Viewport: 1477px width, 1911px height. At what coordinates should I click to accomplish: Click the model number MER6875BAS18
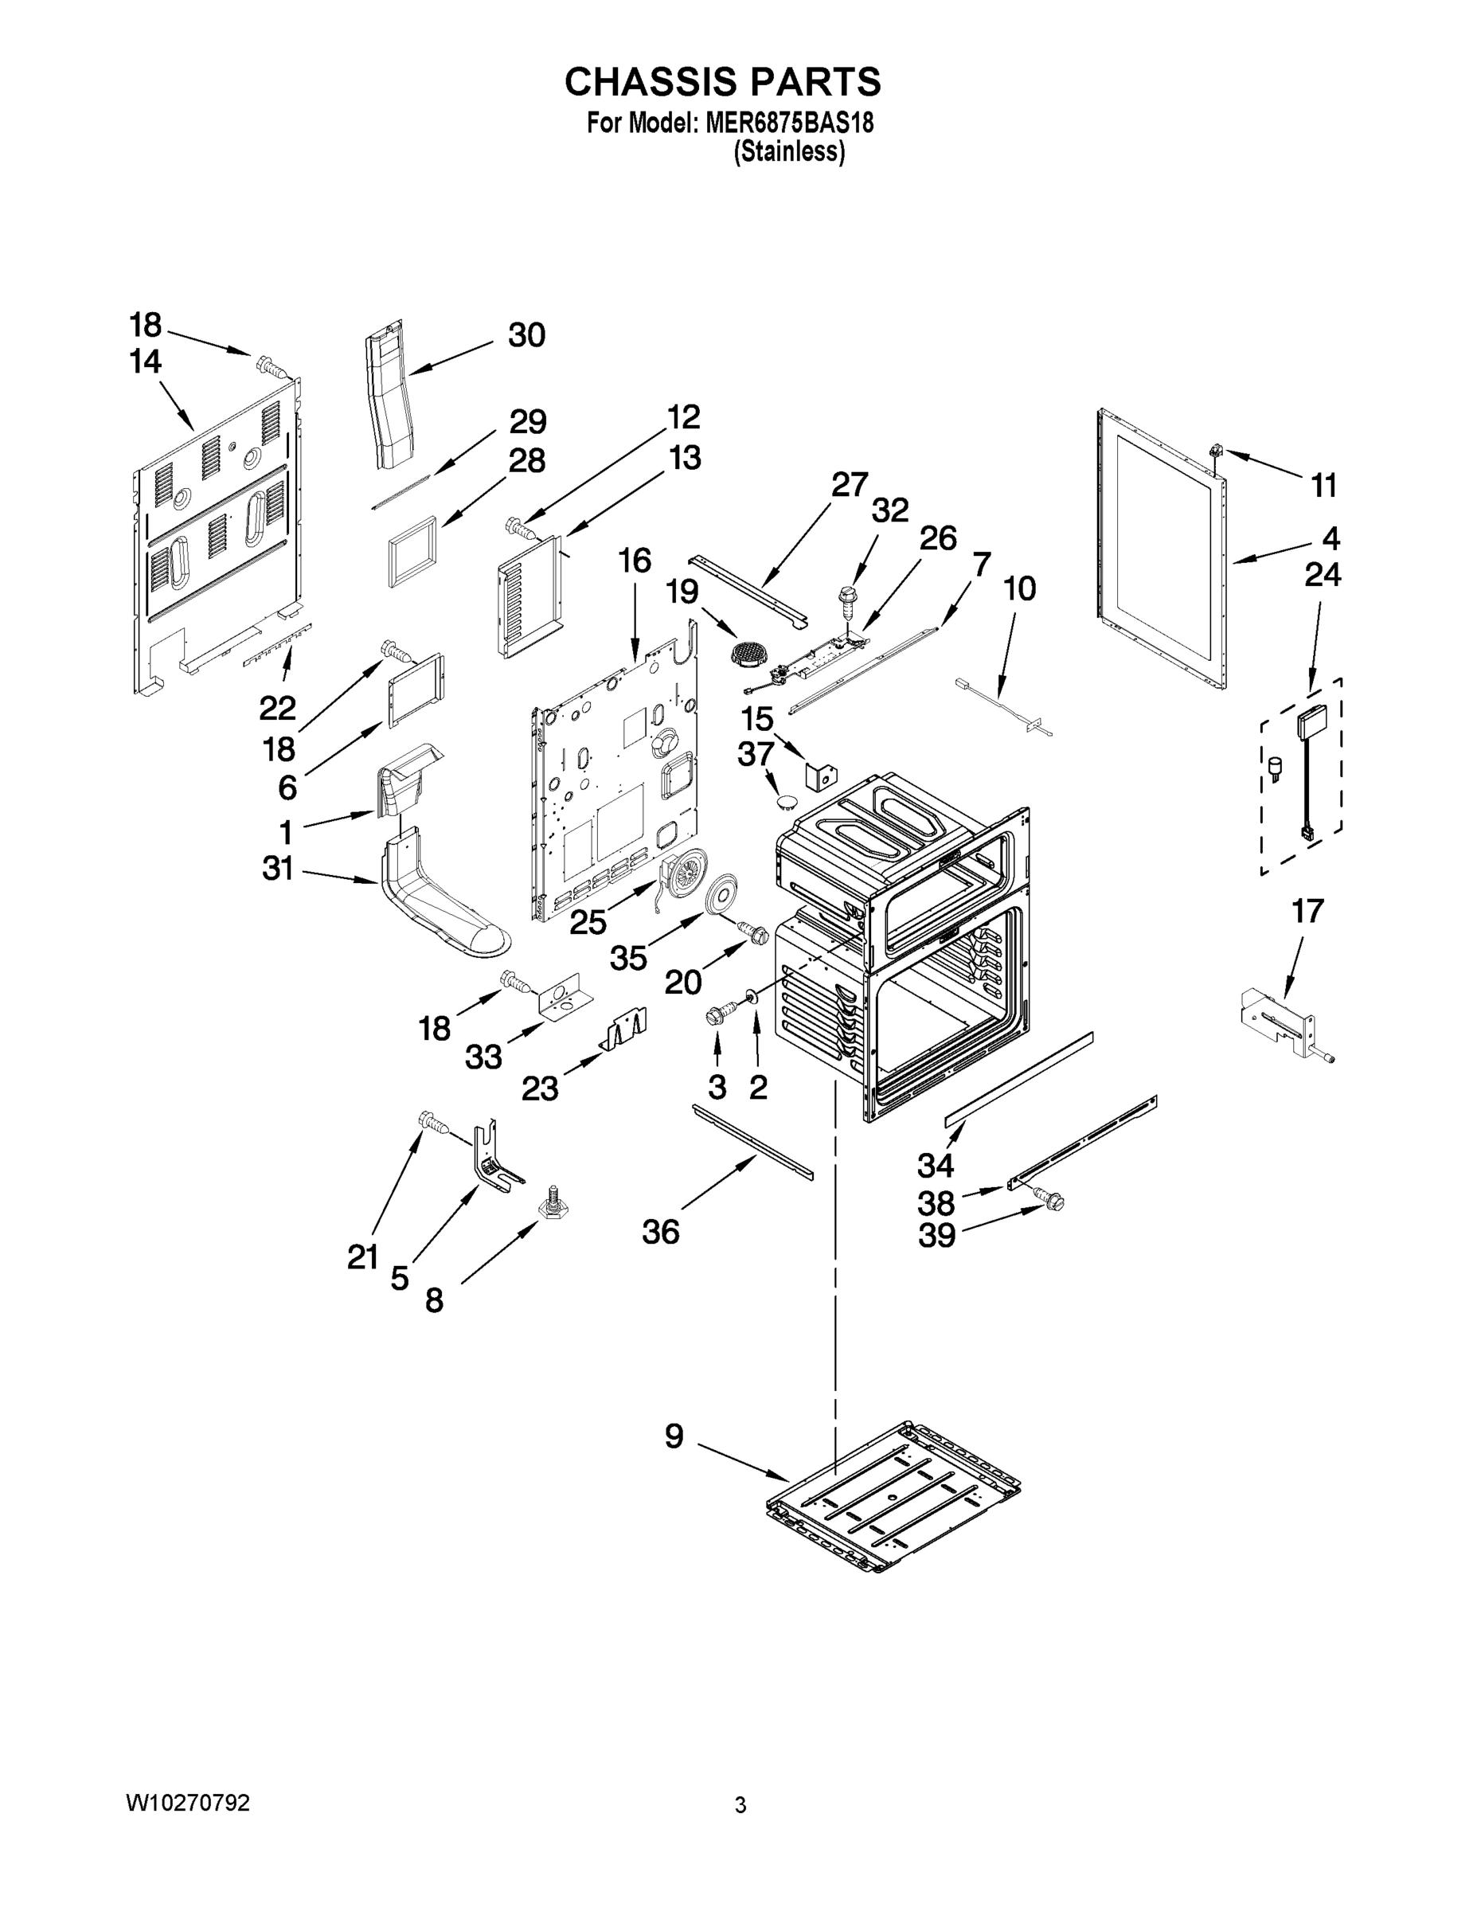pyautogui.click(x=784, y=123)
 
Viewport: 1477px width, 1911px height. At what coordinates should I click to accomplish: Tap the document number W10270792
pyautogui.click(x=188, y=1803)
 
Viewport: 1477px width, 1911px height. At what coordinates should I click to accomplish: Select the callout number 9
pyautogui.click(x=674, y=1436)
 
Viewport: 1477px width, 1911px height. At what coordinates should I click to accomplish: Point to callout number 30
pyautogui.click(x=527, y=335)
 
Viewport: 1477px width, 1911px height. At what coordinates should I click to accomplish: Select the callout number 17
pyautogui.click(x=1307, y=912)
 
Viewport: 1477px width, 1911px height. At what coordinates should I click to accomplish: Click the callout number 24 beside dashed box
pyautogui.click(x=1322, y=575)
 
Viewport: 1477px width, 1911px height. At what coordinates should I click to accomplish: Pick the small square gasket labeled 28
pyautogui.click(x=411, y=550)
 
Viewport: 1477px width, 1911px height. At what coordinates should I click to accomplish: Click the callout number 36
pyautogui.click(x=661, y=1231)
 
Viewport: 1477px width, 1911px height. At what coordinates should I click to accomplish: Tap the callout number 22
pyautogui.click(x=277, y=707)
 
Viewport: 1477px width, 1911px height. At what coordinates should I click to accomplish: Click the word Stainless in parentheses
pyautogui.click(x=789, y=152)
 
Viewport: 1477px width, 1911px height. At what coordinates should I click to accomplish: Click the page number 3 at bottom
pyautogui.click(x=740, y=1805)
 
